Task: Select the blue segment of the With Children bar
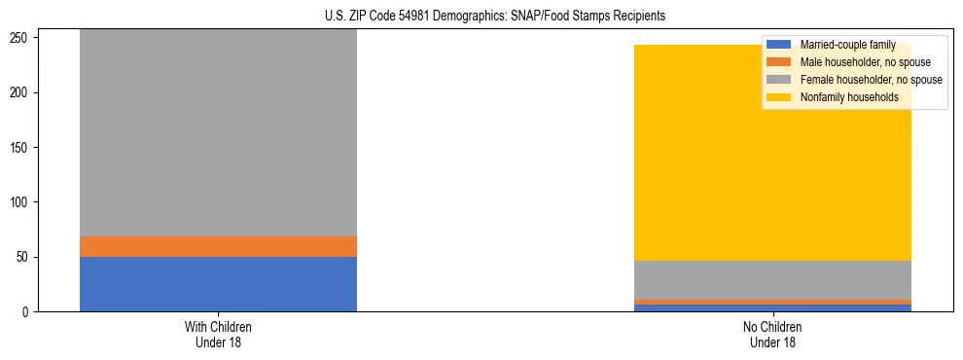pos(218,284)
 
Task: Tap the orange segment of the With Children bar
pos(218,246)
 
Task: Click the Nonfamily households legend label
pos(849,97)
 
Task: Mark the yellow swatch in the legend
pos(779,97)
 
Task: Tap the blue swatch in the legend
pos(779,45)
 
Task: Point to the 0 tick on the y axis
pos(28,312)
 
